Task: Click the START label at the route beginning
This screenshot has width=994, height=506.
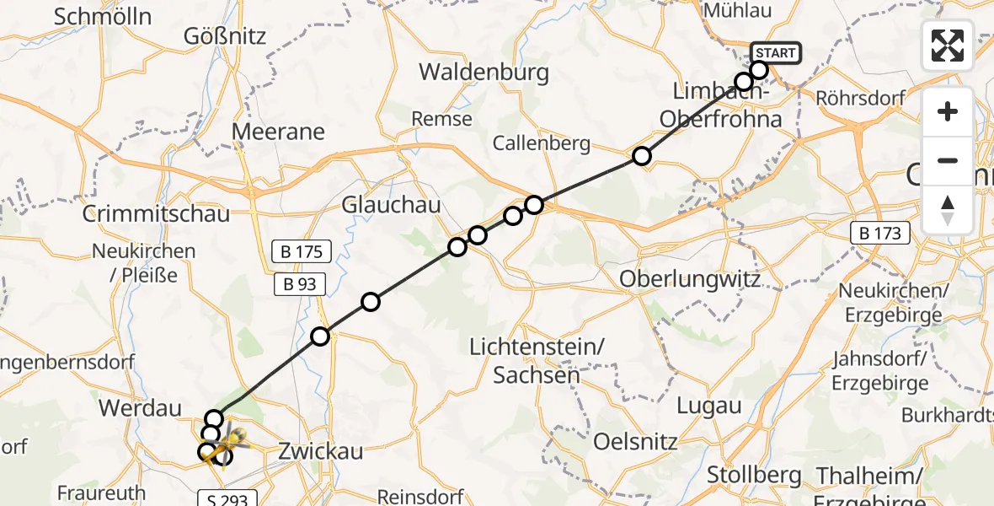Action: click(x=775, y=54)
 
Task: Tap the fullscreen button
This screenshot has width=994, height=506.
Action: click(x=948, y=46)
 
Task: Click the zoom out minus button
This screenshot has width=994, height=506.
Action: click(x=948, y=160)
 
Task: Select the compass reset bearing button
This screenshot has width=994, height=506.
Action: click(x=948, y=209)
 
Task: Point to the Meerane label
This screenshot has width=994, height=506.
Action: click(x=278, y=132)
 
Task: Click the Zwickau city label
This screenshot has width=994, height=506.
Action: click(x=320, y=451)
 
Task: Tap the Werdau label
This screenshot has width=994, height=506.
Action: click(x=141, y=409)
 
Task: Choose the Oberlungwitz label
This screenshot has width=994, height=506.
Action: click(x=690, y=279)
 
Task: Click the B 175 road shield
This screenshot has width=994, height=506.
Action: click(x=302, y=251)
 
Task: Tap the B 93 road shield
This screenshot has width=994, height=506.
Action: click(x=300, y=284)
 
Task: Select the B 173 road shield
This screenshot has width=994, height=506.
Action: click(x=881, y=234)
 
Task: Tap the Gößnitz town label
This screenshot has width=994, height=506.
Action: click(x=225, y=36)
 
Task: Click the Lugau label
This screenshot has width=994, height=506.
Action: click(x=709, y=406)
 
